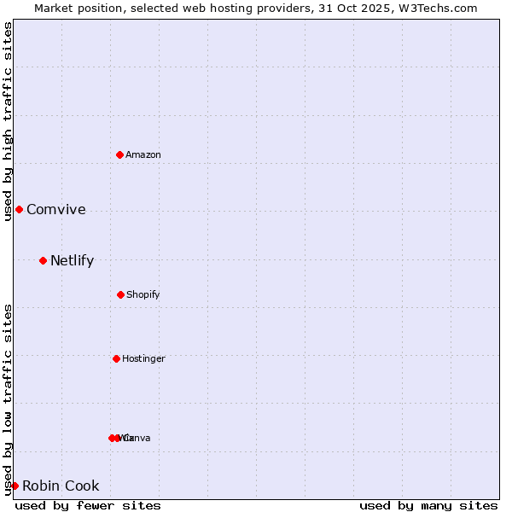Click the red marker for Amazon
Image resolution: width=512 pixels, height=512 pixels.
click(x=120, y=154)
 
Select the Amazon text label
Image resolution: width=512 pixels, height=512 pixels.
click(x=143, y=154)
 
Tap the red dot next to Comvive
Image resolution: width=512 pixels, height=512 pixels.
click(x=19, y=209)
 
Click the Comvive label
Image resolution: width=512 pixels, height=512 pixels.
click(x=56, y=210)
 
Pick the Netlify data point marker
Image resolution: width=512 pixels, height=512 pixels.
click(x=43, y=260)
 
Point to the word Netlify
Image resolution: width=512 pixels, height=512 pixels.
click(x=73, y=261)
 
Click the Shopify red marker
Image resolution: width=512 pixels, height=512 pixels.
click(x=120, y=294)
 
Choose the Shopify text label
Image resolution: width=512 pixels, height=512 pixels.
click(x=143, y=294)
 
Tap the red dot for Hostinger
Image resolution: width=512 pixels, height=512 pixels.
click(x=116, y=358)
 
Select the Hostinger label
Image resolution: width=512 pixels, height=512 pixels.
click(x=143, y=358)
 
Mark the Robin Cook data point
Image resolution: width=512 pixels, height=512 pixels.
click(x=15, y=486)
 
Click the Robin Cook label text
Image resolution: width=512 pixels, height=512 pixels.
click(x=61, y=486)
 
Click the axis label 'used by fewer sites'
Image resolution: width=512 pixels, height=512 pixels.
click(x=88, y=505)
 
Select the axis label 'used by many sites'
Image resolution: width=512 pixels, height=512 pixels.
click(x=428, y=505)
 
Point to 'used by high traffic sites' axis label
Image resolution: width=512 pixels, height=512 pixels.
click(x=8, y=121)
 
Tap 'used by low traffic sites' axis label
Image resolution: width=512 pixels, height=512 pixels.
click(x=8, y=399)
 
